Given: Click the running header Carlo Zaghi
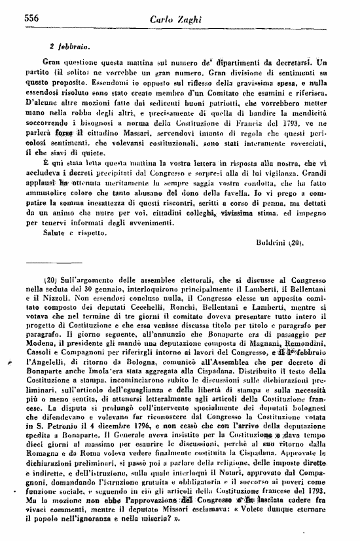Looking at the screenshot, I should (x=179, y=18).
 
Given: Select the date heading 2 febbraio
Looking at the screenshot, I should (x=69, y=47).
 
